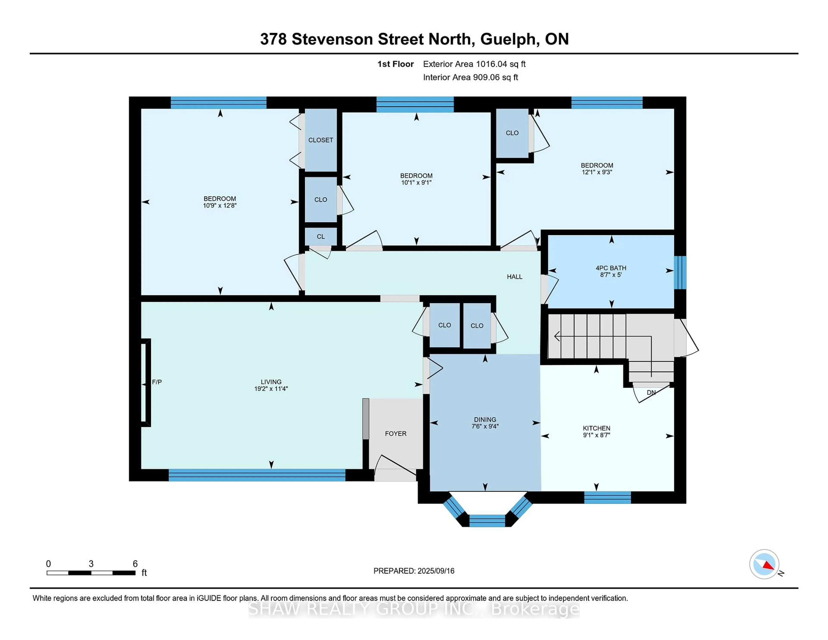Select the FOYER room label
[395, 433]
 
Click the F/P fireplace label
[157, 382]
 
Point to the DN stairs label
[651, 392]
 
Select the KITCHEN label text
[596, 428]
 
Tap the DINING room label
[485, 419]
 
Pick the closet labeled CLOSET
[321, 140]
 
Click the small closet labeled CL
[321, 236]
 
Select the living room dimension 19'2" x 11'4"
[271, 389]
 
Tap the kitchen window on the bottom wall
[607, 497]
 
